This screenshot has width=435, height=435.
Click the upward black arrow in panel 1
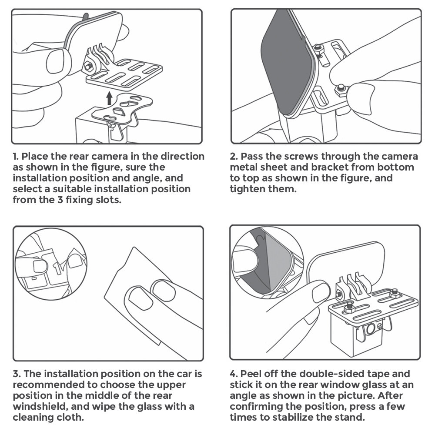click(x=109, y=98)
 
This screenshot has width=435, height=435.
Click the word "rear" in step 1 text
click(x=79, y=156)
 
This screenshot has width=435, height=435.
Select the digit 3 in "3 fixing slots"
click(x=60, y=200)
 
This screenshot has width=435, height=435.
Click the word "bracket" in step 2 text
click(x=330, y=167)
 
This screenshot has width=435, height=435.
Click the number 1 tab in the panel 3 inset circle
click(x=57, y=267)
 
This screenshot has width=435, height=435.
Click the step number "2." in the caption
click(x=234, y=156)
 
